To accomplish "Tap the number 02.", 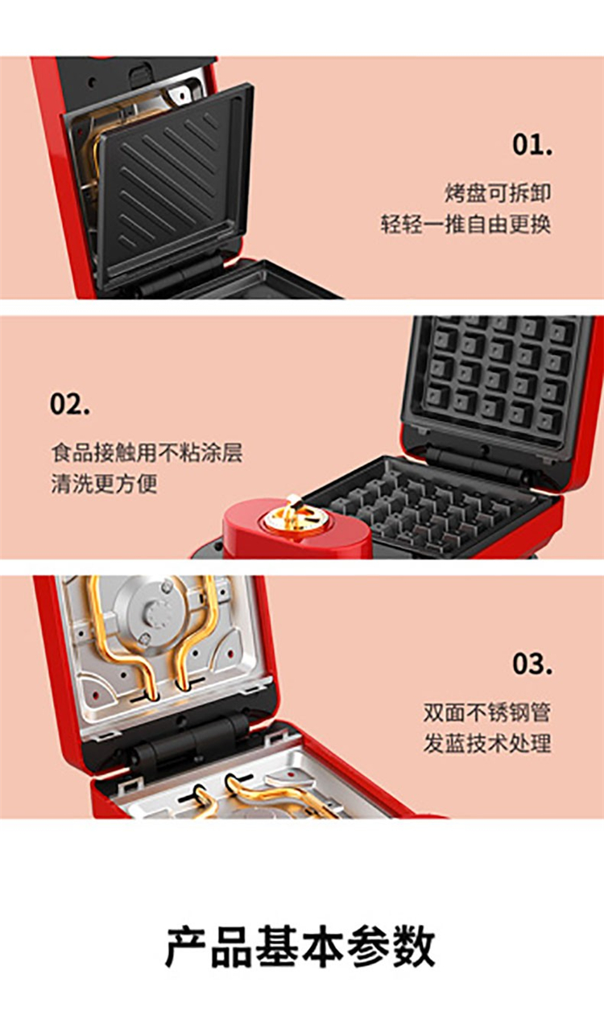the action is tap(70, 404).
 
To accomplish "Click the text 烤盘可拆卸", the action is tap(498, 193).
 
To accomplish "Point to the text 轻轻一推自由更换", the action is tap(465, 225).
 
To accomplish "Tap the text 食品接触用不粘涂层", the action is tap(147, 452).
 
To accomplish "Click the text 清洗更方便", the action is tap(104, 484).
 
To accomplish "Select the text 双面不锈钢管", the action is tap(487, 712).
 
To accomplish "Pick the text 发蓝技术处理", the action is tap(487, 744).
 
